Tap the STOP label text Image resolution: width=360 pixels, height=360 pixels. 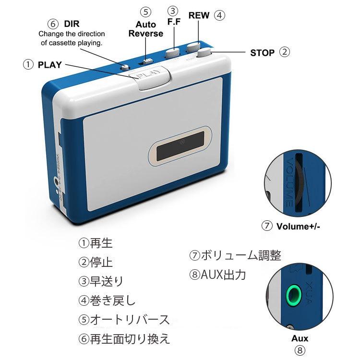point(262,53)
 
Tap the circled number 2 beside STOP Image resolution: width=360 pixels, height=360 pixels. point(285,52)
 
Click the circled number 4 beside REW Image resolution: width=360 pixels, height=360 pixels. point(219,15)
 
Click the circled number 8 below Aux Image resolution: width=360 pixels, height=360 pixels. point(300,350)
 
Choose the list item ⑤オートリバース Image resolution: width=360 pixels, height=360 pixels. point(124,320)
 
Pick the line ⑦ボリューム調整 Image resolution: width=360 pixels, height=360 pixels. point(235,255)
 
